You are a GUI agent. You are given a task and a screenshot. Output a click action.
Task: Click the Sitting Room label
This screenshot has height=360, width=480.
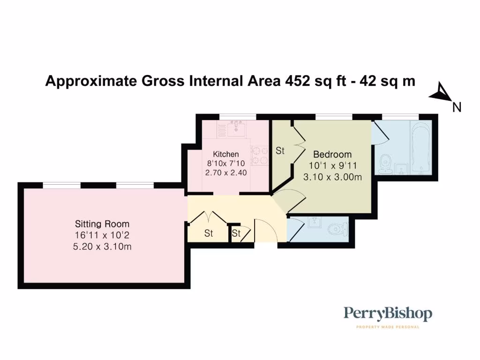pyautogui.click(x=102, y=224)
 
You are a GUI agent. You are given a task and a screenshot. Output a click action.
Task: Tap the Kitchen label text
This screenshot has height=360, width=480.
pyautogui.click(x=225, y=154)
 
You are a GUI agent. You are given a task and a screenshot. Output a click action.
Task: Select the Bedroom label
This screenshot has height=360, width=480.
pyautogui.click(x=332, y=154)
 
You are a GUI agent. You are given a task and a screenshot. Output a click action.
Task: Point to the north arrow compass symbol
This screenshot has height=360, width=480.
pyautogui.click(x=442, y=93)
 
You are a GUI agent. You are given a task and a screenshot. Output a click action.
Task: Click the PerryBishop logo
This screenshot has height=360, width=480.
pyautogui.click(x=388, y=314)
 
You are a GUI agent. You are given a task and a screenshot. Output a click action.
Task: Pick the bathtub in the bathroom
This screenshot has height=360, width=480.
pyautogui.click(x=421, y=148)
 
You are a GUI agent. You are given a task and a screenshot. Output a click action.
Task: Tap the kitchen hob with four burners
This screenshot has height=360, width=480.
pyautogui.click(x=259, y=156)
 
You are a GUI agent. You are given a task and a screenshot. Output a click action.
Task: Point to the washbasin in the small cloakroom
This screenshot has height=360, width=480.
pyautogui.click(x=315, y=223)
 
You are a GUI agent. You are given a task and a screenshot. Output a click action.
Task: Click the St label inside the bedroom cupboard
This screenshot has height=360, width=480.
pyautogui.click(x=280, y=150)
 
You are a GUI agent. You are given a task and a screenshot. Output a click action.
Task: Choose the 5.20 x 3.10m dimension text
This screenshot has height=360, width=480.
pyautogui.click(x=102, y=247)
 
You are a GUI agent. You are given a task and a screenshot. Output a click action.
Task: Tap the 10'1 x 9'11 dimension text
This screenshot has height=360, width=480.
pyautogui.click(x=332, y=165)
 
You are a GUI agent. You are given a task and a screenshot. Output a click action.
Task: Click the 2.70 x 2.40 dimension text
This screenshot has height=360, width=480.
pyautogui.click(x=226, y=172)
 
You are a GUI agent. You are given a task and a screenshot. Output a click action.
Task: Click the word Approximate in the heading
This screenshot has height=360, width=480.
pyautogui.click(x=91, y=82)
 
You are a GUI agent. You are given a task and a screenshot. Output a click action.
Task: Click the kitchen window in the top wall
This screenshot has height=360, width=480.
pyautogui.click(x=238, y=117)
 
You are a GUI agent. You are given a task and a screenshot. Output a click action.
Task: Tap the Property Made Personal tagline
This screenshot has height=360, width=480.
pyautogui.click(x=388, y=327)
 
